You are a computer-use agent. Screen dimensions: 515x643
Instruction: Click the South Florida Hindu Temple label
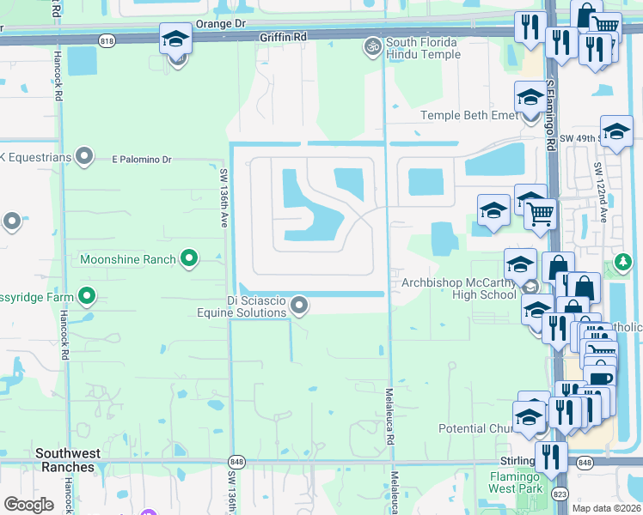pyautogui.click(x=423, y=49)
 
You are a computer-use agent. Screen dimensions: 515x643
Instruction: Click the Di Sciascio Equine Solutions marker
pyautogui.click(x=299, y=305)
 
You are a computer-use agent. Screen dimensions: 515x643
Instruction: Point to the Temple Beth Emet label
pyautogui.click(x=468, y=116)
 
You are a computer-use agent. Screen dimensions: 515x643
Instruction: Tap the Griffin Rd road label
pyautogui.click(x=283, y=38)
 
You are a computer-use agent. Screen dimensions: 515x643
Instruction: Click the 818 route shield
pyautogui.click(x=107, y=40)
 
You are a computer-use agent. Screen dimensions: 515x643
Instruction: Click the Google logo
pyautogui.click(x=28, y=505)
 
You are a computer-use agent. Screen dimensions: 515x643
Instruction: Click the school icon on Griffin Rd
pyautogui.click(x=176, y=39)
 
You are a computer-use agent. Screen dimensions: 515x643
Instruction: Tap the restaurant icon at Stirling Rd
pyautogui.click(x=551, y=457)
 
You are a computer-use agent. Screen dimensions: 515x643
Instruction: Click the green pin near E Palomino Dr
pyautogui.click(x=84, y=156)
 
